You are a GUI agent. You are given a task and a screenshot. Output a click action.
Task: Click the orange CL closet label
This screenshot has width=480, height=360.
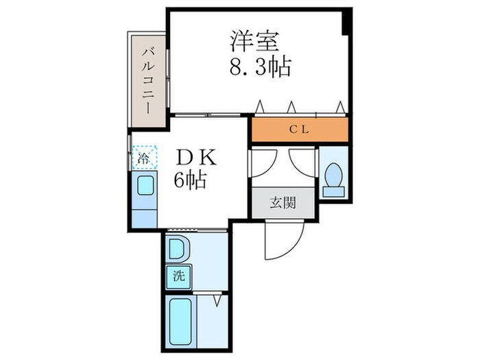pyautogui.click(x=298, y=129)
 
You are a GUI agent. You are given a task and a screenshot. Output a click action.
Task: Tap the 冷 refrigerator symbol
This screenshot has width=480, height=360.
pyautogui.click(x=144, y=158)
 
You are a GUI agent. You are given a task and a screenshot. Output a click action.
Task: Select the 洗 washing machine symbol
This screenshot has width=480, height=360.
pyautogui.click(x=178, y=277)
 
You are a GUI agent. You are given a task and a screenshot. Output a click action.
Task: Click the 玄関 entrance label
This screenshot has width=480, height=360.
pyautogui.click(x=282, y=203)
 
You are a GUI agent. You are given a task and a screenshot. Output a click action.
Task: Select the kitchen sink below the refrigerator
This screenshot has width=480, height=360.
pyautogui.click(x=145, y=186)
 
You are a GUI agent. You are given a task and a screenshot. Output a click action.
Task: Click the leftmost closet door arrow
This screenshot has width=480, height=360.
pyautogui.click(x=261, y=106)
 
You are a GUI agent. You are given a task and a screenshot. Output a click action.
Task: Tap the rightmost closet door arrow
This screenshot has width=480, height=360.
pyautogui.click(x=339, y=106)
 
